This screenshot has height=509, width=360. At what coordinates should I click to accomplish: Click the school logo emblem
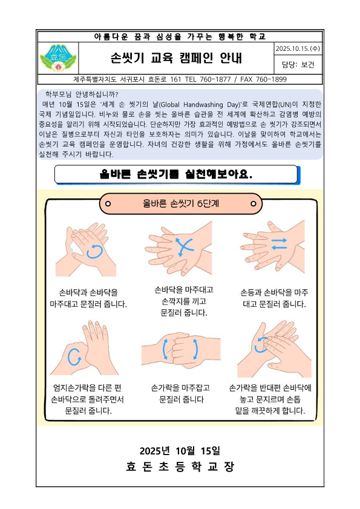click(58, 58)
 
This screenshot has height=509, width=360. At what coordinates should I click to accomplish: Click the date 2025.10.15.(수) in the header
click(298, 48)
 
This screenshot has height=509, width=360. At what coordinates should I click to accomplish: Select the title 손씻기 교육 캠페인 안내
click(176, 58)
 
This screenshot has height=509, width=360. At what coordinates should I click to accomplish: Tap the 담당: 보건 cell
click(298, 65)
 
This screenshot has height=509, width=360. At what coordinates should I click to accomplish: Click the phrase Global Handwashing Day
click(200, 105)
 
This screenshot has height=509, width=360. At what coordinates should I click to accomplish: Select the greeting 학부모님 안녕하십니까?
click(82, 94)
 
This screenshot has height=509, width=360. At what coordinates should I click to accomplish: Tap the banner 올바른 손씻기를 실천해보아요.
click(176, 175)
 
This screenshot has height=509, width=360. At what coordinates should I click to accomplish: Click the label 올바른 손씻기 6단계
click(181, 203)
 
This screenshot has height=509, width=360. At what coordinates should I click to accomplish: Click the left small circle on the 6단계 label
click(108, 204)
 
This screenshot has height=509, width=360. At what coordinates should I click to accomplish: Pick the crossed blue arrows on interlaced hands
click(184, 246)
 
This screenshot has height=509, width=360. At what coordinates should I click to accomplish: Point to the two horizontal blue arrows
click(279, 244)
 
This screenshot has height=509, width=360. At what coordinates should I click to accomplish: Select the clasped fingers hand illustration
click(181, 349)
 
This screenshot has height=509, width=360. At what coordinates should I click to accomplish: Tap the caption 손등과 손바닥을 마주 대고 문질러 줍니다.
click(274, 298)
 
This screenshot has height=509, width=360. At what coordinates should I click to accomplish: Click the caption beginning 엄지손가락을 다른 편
click(88, 399)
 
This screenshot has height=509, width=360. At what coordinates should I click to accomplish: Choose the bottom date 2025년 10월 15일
click(180, 450)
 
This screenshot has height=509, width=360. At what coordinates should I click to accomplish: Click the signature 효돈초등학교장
click(180, 467)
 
